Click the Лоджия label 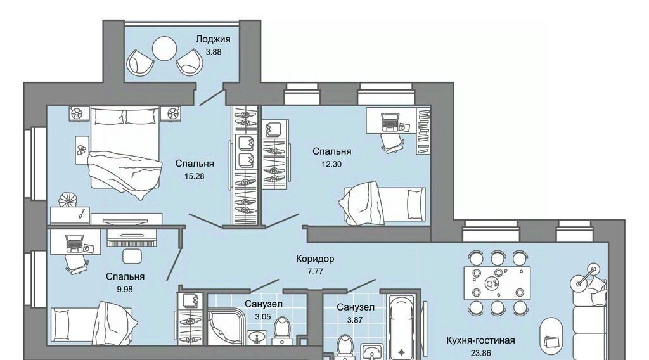213,39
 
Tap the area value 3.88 213,52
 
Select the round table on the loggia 165,49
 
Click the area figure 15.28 194,176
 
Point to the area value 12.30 331,164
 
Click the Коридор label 315,259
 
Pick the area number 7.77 315,272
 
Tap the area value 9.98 125,289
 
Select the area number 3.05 263,317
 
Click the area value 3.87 355,319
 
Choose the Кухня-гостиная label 480,340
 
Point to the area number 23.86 480,354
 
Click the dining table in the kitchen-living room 497,283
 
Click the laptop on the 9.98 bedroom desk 75,243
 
